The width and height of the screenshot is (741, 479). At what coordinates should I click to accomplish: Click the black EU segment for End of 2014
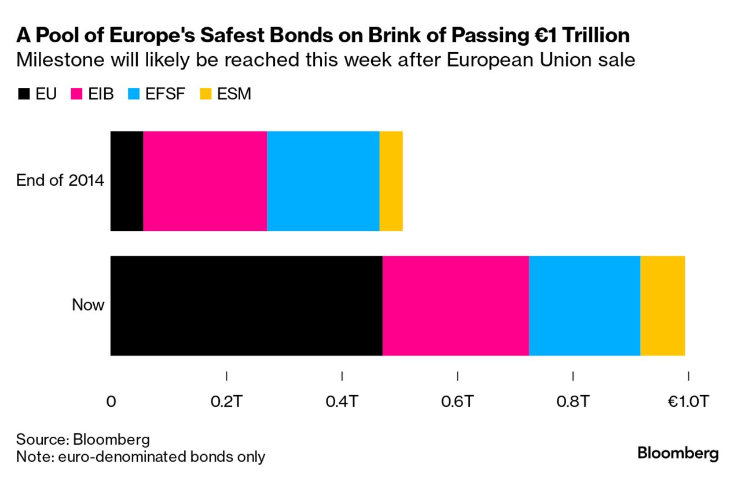[x=127, y=181]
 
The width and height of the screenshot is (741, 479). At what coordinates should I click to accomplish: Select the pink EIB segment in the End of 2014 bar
[x=205, y=181]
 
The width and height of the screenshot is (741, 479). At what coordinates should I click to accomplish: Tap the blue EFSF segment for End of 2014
[x=323, y=181]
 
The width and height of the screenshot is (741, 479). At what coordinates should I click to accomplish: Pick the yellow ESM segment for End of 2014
[x=391, y=181]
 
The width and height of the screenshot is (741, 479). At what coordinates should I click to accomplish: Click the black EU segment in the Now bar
[x=247, y=306]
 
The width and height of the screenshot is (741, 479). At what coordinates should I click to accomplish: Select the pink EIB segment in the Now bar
[x=456, y=306]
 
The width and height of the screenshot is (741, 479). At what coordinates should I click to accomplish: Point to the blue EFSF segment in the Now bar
[x=585, y=306]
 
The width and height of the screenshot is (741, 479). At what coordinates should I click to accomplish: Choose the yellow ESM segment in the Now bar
[x=663, y=306]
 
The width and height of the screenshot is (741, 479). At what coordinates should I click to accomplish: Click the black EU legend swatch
[x=24, y=94]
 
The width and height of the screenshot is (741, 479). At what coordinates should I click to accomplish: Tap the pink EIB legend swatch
[x=76, y=94]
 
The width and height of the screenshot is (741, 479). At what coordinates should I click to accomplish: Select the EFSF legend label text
[x=165, y=94]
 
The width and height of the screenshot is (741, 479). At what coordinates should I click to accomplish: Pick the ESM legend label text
[x=234, y=94]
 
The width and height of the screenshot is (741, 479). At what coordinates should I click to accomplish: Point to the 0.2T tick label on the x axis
[x=226, y=401]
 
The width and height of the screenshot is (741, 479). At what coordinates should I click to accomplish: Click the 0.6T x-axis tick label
[x=457, y=401]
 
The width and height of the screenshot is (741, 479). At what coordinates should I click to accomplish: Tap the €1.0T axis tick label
[x=688, y=401]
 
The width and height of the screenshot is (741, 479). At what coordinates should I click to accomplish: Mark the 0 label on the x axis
[x=111, y=401]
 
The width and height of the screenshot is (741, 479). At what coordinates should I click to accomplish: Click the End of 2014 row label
[x=60, y=180]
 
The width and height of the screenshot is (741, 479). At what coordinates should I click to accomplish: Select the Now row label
[x=88, y=304]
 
